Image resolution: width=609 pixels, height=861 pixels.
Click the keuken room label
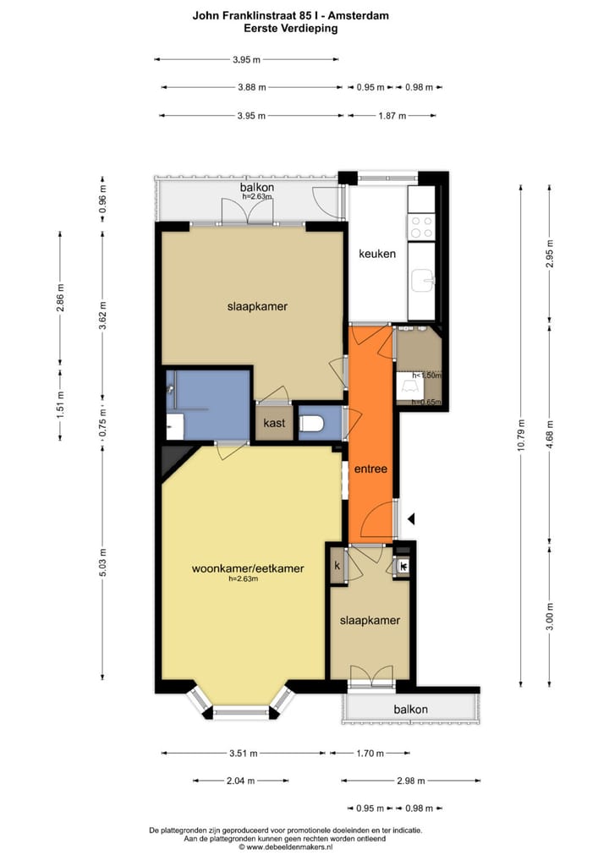click(x=376, y=254)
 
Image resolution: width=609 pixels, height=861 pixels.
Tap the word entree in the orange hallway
click(x=370, y=469)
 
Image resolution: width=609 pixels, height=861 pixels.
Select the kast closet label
click(x=273, y=422)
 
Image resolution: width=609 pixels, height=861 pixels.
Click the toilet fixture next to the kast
click(x=312, y=422)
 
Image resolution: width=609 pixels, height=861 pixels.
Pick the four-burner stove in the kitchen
click(x=421, y=227)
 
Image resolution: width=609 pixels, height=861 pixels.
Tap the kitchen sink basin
click(x=422, y=279)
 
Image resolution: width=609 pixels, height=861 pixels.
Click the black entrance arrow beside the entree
click(x=411, y=518)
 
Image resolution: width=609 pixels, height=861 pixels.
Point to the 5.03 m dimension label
click(x=103, y=563)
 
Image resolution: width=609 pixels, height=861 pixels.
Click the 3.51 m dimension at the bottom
click(x=244, y=754)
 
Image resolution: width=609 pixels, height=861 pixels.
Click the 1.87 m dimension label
click(x=392, y=116)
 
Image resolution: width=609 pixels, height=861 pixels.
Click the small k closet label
click(x=337, y=566)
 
